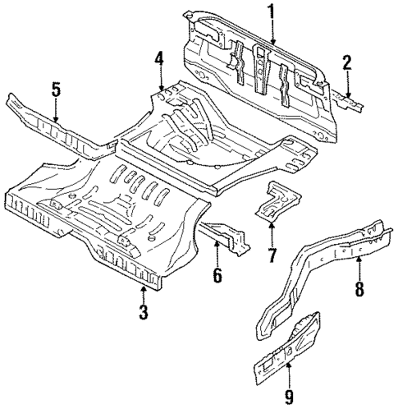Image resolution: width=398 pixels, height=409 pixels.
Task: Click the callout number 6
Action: click(217, 275)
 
